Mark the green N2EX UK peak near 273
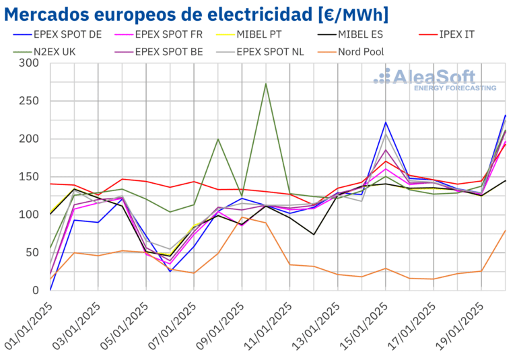(x=266, y=84)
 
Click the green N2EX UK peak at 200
(x=218, y=139)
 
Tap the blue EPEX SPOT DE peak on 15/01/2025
(x=385, y=122)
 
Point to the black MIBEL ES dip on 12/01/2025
(x=314, y=234)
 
